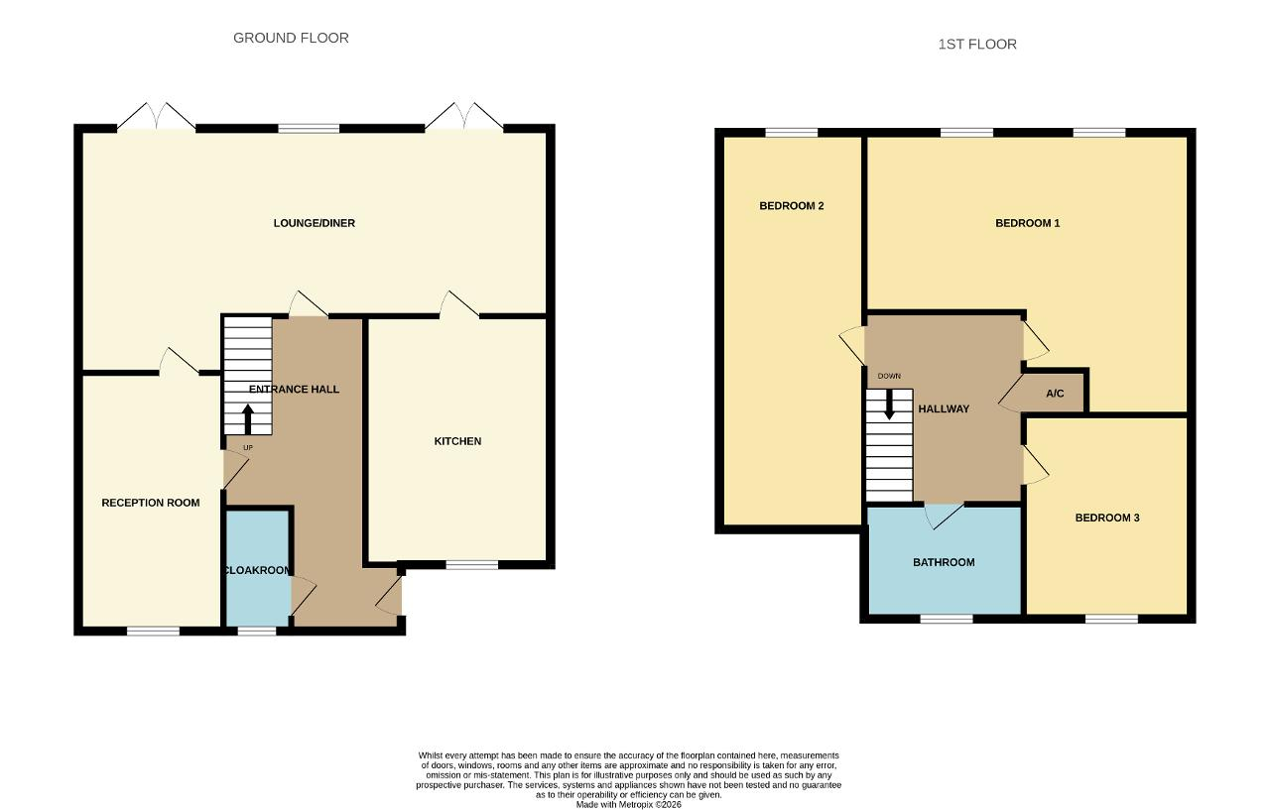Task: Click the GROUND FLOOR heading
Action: coord(291,38)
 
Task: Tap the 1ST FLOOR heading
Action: coord(977,45)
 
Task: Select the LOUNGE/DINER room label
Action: coord(315,223)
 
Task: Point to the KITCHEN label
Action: coord(457,441)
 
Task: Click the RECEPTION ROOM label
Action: coord(150,503)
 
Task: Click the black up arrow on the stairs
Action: coord(248,418)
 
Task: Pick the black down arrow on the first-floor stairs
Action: coord(889,405)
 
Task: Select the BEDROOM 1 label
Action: coord(1027,223)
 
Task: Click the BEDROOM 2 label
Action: coord(792,206)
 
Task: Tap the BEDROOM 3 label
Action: coord(1107,518)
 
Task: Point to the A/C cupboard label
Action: coord(1055,394)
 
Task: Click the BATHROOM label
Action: coord(944,562)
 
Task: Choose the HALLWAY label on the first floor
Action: coord(944,408)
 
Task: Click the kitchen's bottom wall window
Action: coord(471,565)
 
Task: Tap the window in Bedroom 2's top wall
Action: coord(792,133)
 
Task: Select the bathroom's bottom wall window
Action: coord(947,619)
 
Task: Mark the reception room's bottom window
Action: coord(153,631)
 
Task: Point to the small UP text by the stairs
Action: coord(248,447)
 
